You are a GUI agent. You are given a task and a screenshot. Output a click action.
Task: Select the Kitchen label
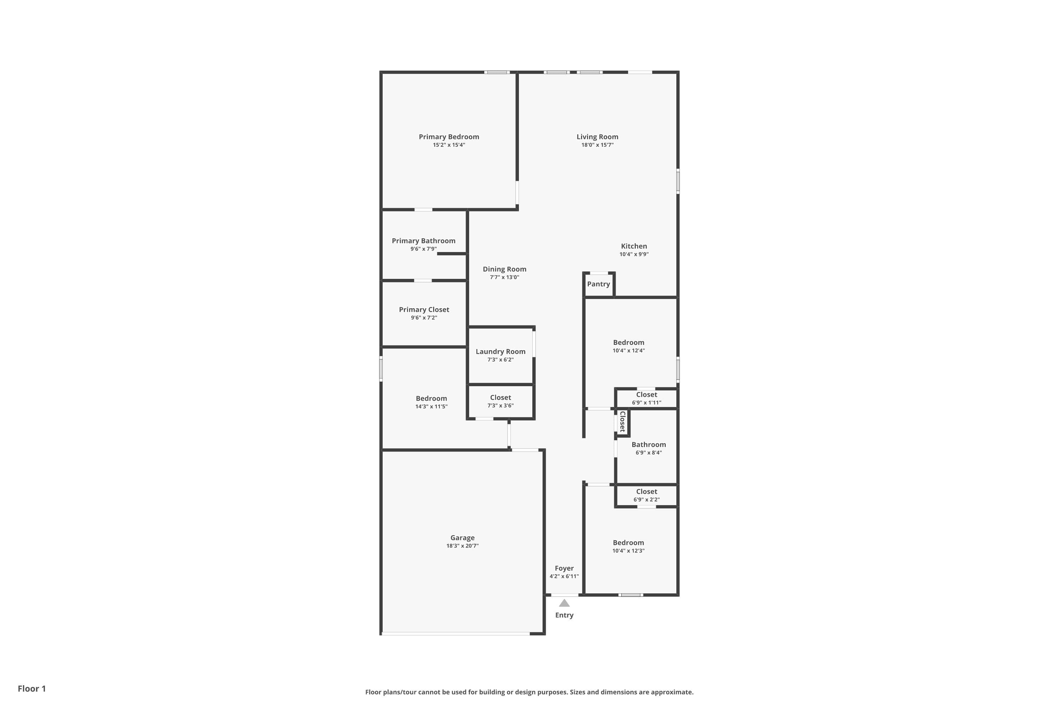pyautogui.click(x=634, y=246)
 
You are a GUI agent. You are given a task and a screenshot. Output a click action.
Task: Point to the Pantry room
pyautogui.click(x=598, y=284)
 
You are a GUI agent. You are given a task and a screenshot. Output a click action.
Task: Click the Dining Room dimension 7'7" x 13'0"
pyautogui.click(x=504, y=277)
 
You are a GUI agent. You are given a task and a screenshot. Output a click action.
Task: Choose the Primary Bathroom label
pyautogui.click(x=423, y=241)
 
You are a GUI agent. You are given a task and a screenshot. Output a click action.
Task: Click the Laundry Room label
pyautogui.click(x=500, y=352)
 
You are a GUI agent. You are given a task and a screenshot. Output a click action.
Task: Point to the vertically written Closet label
pyautogui.click(x=623, y=421)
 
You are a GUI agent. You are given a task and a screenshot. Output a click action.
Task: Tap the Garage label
pyautogui.click(x=462, y=538)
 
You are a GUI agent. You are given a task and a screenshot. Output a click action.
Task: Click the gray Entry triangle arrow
pyautogui.click(x=564, y=603)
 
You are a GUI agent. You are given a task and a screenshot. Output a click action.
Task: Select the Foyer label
pyautogui.click(x=564, y=568)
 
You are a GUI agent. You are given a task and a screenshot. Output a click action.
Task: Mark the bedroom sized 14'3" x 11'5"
pyautogui.click(x=431, y=402)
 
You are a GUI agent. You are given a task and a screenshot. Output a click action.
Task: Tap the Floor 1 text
pyautogui.click(x=31, y=688)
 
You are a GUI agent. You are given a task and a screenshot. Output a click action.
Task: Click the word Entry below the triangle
pyautogui.click(x=564, y=616)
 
